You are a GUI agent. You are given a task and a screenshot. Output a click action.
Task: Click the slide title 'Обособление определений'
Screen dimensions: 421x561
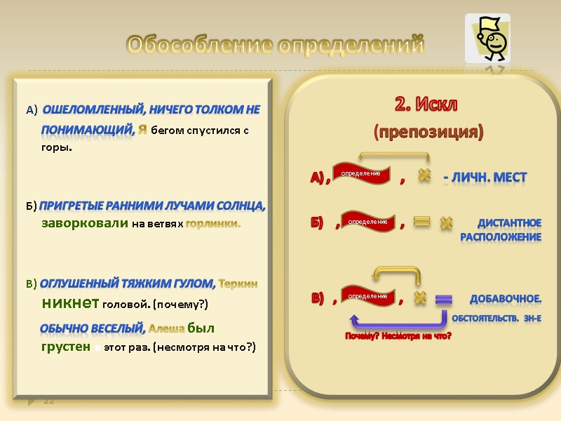276,46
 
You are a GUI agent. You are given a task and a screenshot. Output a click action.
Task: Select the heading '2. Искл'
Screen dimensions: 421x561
426,105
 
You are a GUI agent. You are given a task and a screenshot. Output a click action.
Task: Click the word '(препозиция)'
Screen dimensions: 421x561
428,132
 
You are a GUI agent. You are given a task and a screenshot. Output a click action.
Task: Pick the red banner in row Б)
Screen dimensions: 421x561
367,222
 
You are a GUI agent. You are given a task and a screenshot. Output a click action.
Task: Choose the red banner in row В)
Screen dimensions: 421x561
367,295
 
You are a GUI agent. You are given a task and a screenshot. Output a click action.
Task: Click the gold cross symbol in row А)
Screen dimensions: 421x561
424,175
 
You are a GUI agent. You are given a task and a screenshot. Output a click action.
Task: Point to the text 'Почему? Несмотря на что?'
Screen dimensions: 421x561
398,337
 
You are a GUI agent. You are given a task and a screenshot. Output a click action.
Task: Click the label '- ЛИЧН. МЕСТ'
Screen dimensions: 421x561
484,178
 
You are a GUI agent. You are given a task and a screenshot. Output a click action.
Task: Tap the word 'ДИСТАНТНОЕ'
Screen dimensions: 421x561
509,223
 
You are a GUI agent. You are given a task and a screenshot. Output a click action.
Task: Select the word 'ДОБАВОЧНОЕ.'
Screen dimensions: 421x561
505,299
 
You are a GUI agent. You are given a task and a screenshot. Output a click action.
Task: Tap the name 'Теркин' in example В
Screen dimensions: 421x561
238,284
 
